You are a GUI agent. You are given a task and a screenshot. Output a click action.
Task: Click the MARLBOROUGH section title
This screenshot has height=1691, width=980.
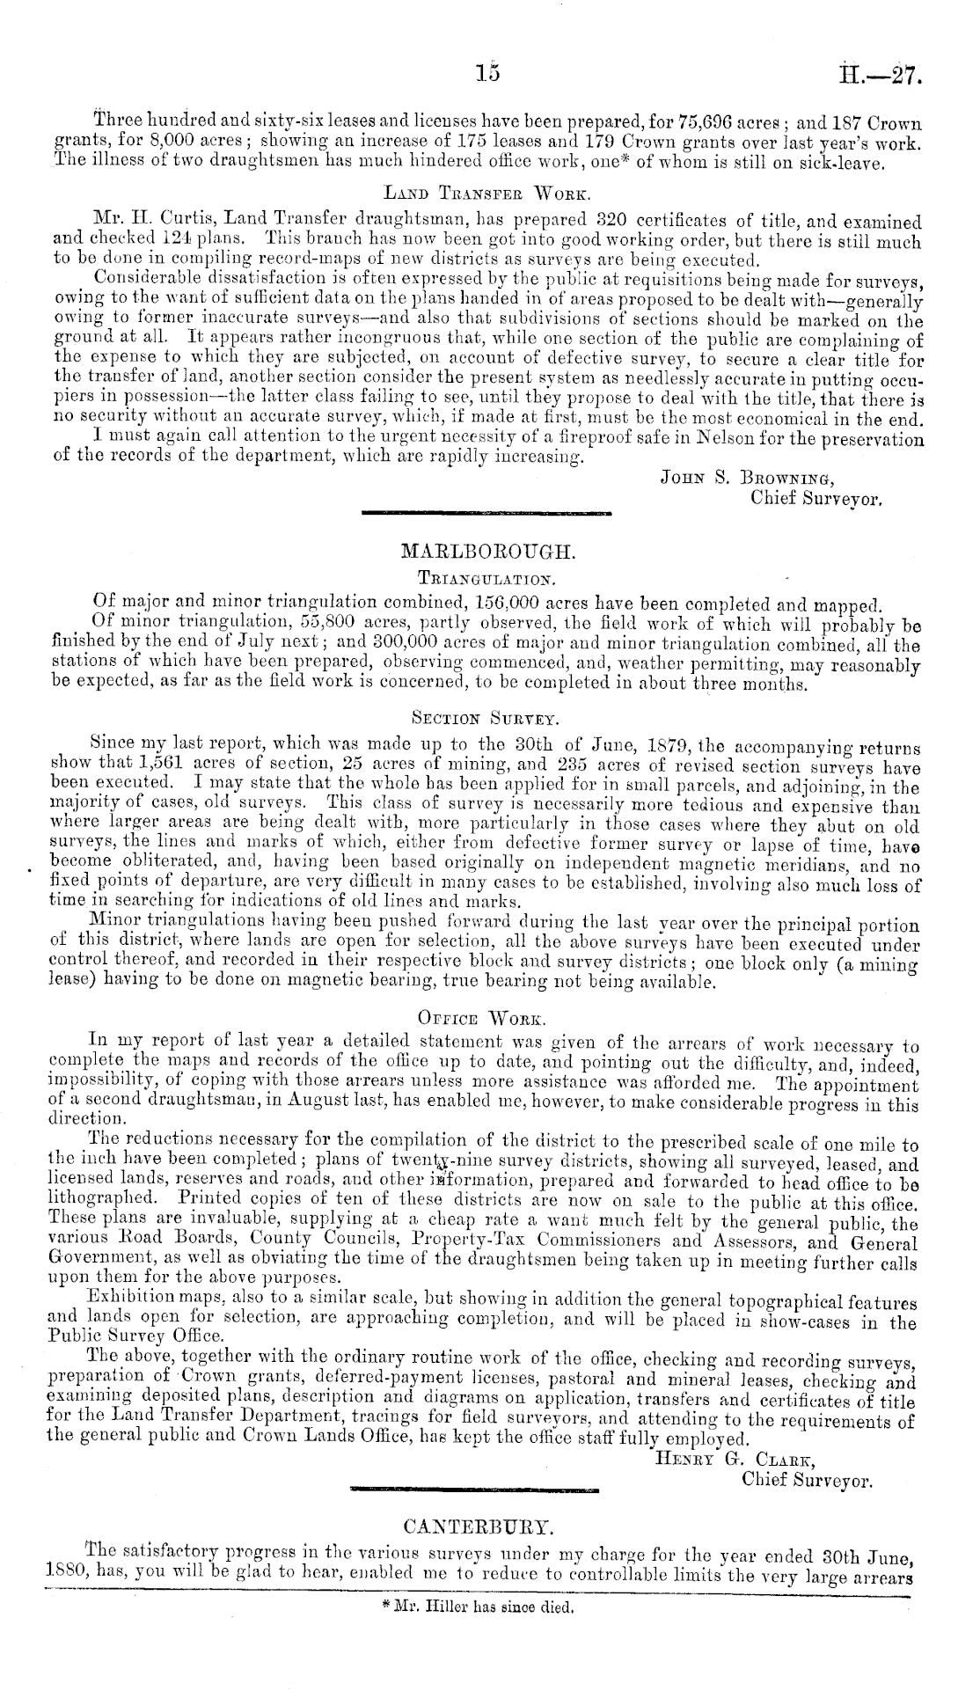tap(488, 553)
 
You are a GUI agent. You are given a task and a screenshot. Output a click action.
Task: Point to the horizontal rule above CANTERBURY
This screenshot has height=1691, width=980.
tap(474, 1490)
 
